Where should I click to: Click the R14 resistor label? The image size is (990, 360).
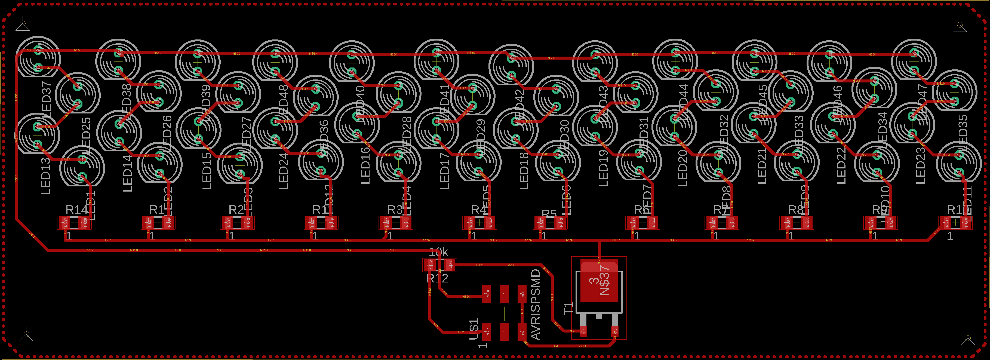pos(77,210)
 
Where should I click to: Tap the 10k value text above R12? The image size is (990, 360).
pos(438,252)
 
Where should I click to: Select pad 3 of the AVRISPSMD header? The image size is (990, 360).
pos(504,331)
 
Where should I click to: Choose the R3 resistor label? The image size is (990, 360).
pos(395,210)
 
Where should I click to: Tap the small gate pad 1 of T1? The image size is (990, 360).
pos(583,330)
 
